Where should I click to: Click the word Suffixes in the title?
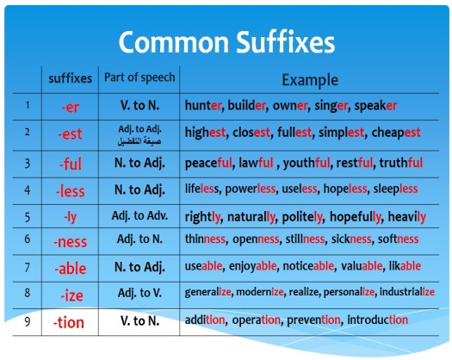click(x=285, y=42)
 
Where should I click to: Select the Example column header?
click(x=310, y=80)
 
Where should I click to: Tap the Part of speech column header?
click(x=139, y=78)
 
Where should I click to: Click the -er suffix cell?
click(x=71, y=108)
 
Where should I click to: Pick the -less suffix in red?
click(x=71, y=191)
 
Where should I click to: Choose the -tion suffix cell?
click(x=69, y=322)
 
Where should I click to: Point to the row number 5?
click(x=27, y=217)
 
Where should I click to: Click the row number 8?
click(x=27, y=293)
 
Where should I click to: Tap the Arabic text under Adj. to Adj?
click(x=139, y=141)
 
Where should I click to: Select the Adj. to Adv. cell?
click(x=139, y=216)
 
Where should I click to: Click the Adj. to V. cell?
click(x=139, y=293)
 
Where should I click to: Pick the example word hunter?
click(x=203, y=105)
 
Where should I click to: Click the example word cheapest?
click(x=396, y=133)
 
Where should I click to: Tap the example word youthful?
click(x=306, y=163)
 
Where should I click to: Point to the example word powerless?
click(x=250, y=189)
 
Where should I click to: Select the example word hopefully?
click(x=355, y=217)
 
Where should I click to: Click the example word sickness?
click(x=350, y=239)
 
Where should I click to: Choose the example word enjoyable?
click(x=252, y=266)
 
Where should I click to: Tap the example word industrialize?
click(x=407, y=292)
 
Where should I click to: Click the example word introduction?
click(x=378, y=320)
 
